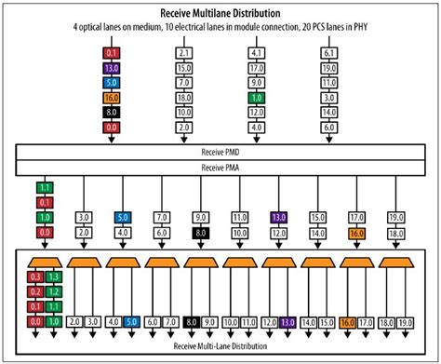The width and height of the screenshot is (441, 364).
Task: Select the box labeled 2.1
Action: [x=183, y=54]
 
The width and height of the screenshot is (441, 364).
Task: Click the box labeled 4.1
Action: [x=256, y=54]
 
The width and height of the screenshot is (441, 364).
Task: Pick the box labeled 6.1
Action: [x=328, y=54]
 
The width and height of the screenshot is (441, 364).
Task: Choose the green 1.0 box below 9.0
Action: [x=256, y=97]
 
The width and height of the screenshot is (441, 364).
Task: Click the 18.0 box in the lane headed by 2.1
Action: [x=183, y=97]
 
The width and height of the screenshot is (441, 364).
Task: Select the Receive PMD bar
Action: [x=220, y=152]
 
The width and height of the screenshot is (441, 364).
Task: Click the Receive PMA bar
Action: [x=220, y=167]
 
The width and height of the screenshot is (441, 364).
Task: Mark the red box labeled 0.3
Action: [x=34, y=276]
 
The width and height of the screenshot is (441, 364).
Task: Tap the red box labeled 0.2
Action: [x=34, y=290]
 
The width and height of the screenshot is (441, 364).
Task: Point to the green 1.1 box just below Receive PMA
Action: [x=43, y=186]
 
